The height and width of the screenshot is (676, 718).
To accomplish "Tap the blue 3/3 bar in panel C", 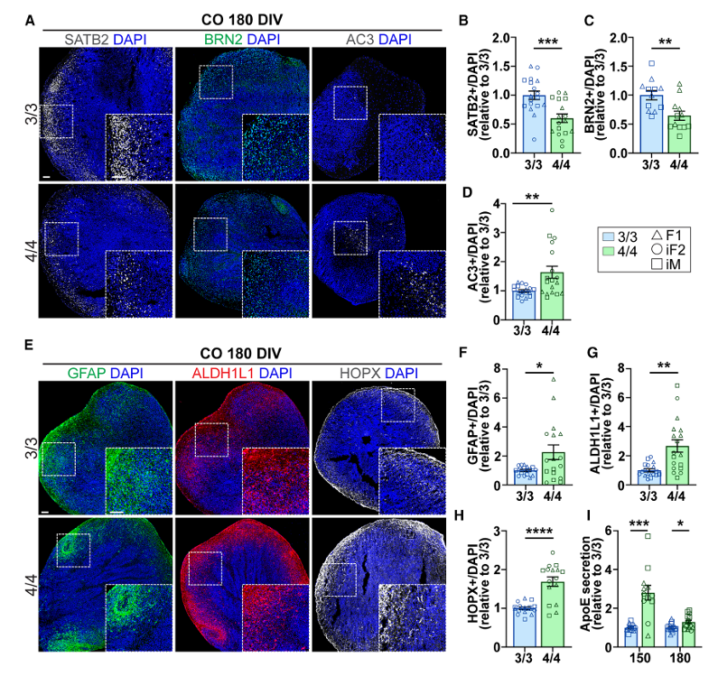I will tap(648, 123).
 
